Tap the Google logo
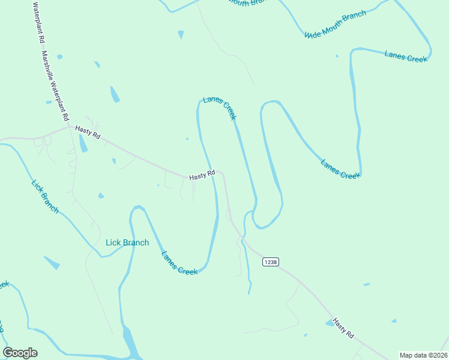(20, 353)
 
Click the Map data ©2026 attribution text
(423, 355)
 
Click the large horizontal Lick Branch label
(127, 242)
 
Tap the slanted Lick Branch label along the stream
(45, 194)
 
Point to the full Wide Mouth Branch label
(335, 24)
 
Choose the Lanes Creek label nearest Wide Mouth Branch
(406, 56)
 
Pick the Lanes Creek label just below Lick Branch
(179, 262)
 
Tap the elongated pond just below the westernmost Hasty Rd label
(83, 143)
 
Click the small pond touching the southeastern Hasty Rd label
(330, 323)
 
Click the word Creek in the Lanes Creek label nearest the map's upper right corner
(416, 58)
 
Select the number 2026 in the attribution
(438, 355)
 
